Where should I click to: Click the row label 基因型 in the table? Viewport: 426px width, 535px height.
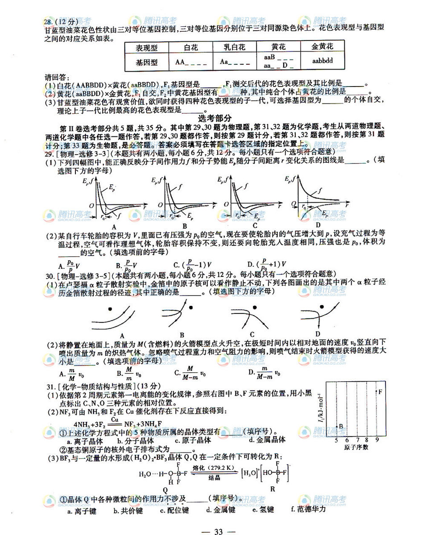pos(147,62)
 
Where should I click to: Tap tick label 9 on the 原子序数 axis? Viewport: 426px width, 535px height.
pos(376,440)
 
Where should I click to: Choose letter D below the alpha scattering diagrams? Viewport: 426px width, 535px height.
pos(318,333)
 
